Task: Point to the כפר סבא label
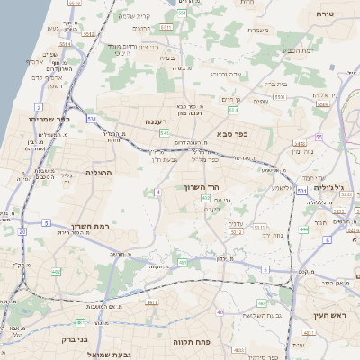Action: click(x=232, y=134)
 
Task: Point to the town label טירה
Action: click(x=325, y=13)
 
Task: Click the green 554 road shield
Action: click(x=233, y=110)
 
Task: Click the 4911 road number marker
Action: click(x=309, y=334)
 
